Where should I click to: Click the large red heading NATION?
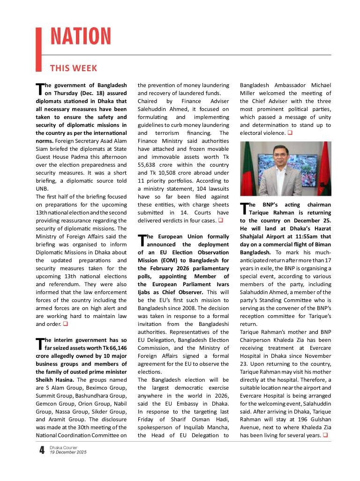[81, 37]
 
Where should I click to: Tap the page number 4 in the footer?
[42, 451]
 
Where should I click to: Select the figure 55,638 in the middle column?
[149, 165]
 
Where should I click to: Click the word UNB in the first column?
[43, 189]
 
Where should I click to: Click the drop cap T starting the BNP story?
[243, 208]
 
